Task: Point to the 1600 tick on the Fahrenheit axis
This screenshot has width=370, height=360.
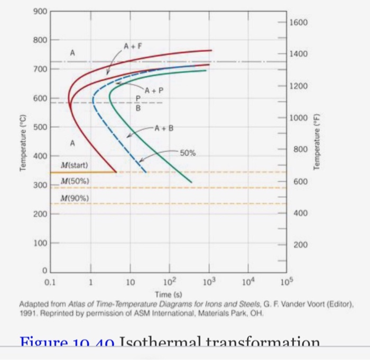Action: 298,23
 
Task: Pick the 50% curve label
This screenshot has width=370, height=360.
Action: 188,153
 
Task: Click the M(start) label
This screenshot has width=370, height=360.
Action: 74,165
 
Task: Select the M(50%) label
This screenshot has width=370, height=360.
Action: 75,181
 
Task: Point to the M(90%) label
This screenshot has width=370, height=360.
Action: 75,198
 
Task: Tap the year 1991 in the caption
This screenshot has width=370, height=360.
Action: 27,312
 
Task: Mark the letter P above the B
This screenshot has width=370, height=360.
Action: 138,98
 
